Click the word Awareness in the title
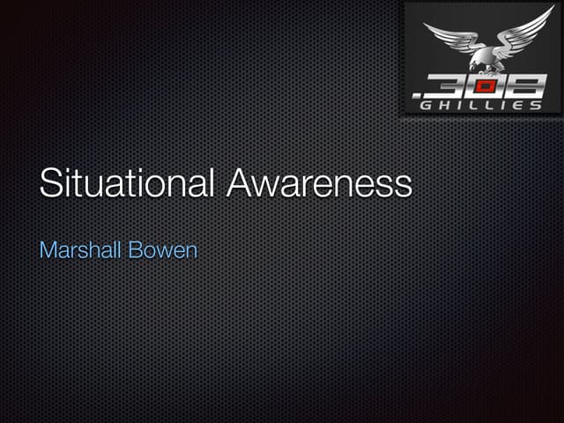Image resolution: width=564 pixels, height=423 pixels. click(x=319, y=182)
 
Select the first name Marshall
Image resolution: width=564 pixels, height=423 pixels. click(x=81, y=249)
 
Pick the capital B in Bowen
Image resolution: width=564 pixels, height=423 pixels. click(x=137, y=249)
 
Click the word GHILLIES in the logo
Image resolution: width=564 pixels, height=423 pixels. click(x=481, y=105)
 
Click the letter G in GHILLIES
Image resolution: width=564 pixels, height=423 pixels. click(x=427, y=105)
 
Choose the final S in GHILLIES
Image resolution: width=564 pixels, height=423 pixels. click(x=537, y=105)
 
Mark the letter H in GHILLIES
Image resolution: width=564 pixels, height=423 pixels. click(x=444, y=105)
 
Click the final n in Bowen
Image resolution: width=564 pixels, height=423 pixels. click(x=191, y=251)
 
